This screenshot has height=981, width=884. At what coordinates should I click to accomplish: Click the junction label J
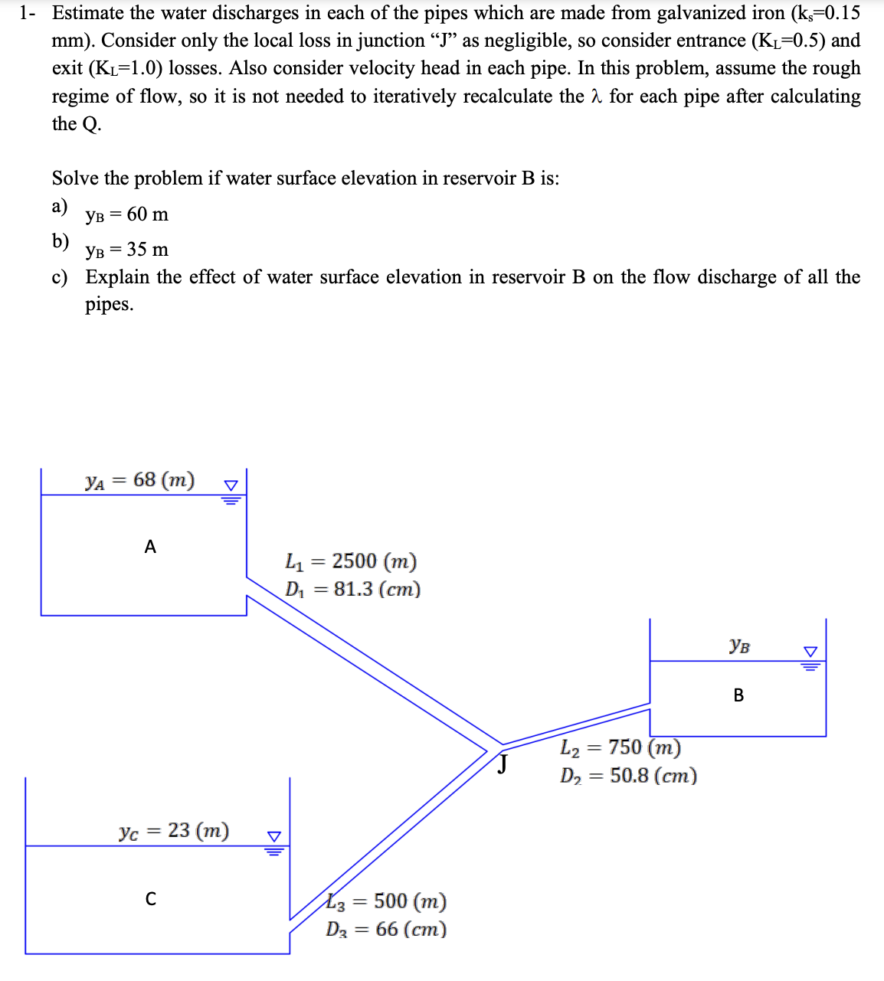(503, 764)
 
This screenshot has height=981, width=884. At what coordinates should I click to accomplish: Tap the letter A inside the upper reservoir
(150, 547)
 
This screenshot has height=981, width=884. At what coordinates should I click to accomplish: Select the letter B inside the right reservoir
(738, 695)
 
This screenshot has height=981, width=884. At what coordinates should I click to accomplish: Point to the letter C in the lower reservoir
(151, 898)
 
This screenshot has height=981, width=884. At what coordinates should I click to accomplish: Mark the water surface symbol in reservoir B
(810, 656)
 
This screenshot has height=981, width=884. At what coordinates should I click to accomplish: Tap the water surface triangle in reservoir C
(274, 840)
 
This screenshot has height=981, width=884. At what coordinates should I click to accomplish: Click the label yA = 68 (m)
(140, 480)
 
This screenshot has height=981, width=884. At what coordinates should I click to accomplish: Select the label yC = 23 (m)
(174, 831)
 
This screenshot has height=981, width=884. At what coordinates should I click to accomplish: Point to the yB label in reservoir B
(739, 646)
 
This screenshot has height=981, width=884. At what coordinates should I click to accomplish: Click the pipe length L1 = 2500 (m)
(351, 561)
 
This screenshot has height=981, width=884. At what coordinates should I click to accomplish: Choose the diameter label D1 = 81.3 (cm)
(353, 589)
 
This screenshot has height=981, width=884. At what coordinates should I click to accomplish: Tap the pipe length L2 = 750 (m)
(620, 747)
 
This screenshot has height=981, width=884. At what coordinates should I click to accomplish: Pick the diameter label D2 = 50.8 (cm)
(628, 775)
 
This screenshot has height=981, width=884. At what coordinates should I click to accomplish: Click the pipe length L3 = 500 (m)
(387, 901)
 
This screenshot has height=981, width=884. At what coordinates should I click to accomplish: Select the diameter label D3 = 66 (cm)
(386, 929)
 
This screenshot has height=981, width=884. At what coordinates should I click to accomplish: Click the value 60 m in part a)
(148, 214)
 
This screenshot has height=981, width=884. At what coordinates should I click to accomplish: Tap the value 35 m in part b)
(148, 250)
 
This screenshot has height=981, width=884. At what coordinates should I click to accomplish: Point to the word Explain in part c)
(117, 277)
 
